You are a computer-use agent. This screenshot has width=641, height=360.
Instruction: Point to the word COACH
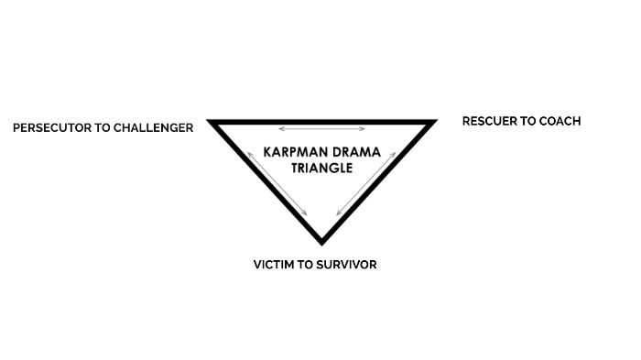click(x=560, y=121)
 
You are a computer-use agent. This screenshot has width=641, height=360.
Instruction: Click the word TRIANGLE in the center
click(x=321, y=168)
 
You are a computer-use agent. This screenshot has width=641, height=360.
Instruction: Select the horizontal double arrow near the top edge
click(x=321, y=129)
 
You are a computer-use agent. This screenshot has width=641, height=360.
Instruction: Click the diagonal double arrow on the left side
click(x=277, y=184)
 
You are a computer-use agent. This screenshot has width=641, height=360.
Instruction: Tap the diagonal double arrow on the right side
click(x=366, y=184)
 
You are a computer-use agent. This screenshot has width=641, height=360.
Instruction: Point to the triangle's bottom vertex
click(x=321, y=242)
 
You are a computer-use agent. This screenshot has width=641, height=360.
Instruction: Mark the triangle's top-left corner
click(x=211, y=122)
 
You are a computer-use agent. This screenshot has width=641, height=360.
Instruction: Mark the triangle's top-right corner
click(x=432, y=122)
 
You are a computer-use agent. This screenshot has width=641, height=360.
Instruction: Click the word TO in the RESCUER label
click(x=530, y=121)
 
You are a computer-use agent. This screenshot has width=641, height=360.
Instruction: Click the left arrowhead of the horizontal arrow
click(x=280, y=129)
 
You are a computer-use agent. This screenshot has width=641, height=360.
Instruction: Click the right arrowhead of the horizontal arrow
click(x=364, y=129)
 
